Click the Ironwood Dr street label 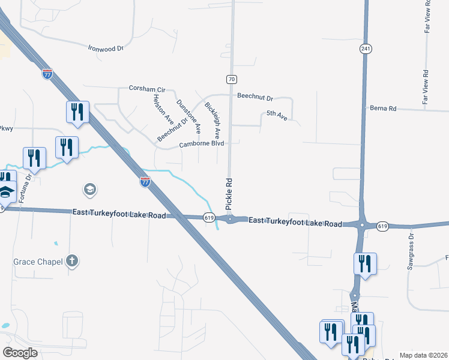tap(105, 47)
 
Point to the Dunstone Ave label tap(188, 116)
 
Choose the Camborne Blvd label tap(201, 144)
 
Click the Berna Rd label tap(384, 109)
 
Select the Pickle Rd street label tap(229, 193)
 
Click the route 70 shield tap(232, 79)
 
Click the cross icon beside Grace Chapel tap(72, 260)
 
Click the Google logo tap(21, 352)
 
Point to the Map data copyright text tap(423, 355)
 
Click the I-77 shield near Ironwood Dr tap(48, 74)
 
